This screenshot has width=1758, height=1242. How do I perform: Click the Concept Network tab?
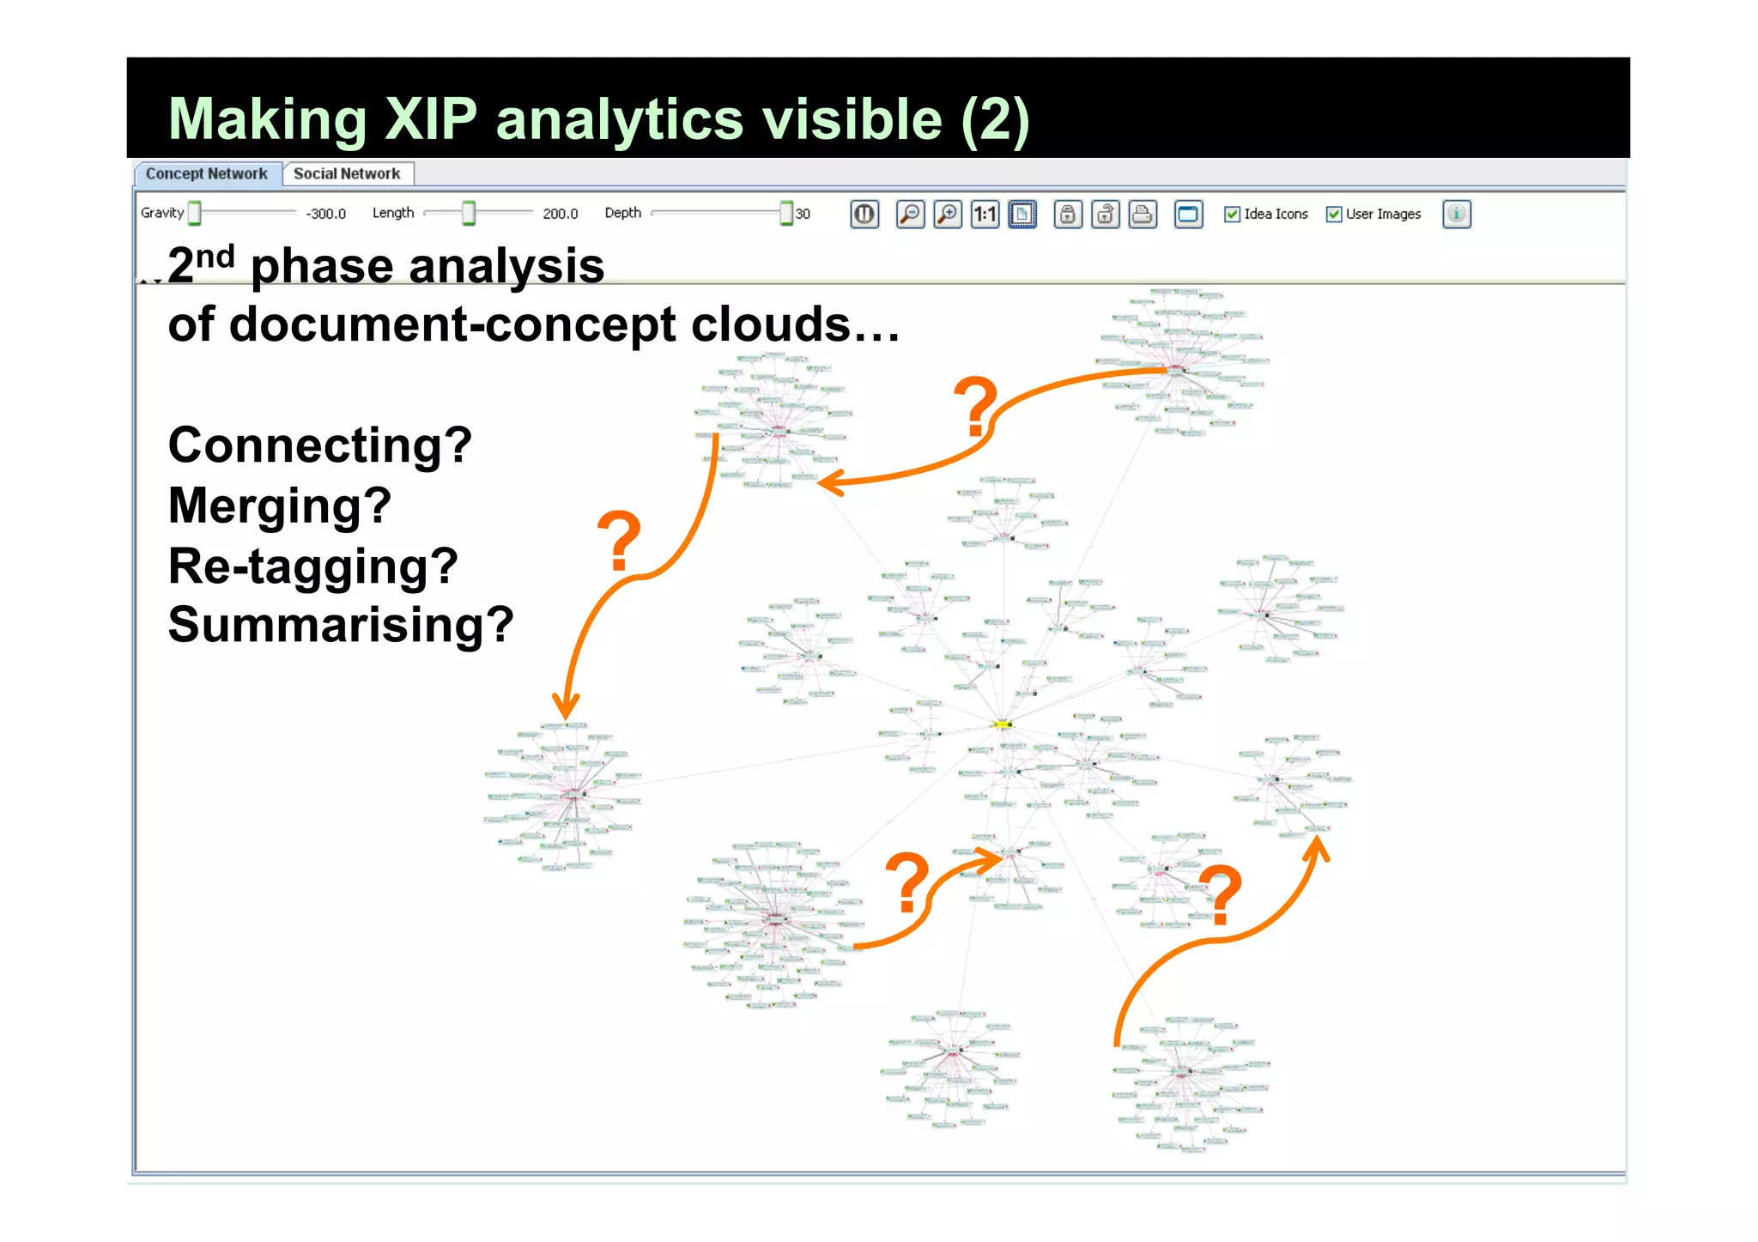click(x=206, y=173)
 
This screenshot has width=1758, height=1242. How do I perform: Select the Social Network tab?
click(x=347, y=173)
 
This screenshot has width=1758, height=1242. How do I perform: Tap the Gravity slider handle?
click(x=195, y=213)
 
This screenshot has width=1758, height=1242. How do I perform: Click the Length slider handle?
click(x=469, y=213)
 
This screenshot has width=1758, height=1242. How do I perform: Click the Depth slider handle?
click(x=785, y=213)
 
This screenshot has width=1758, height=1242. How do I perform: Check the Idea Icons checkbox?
click(x=1232, y=214)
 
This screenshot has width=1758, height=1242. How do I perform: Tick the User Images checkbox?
click(x=1333, y=214)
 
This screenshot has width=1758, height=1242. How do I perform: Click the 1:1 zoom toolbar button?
click(x=985, y=214)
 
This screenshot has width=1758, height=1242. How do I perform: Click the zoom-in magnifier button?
click(x=948, y=214)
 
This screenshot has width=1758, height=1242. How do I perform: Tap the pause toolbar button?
click(x=864, y=214)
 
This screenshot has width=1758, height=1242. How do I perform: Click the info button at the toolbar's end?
click(x=1456, y=214)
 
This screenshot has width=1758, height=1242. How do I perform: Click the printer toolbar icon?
click(x=1143, y=214)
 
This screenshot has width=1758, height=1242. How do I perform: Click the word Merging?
click(x=280, y=506)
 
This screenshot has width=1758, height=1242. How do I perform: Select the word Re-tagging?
click(x=312, y=566)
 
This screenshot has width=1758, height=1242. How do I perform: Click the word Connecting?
click(x=319, y=445)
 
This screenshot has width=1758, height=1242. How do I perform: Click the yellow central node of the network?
click(x=1002, y=724)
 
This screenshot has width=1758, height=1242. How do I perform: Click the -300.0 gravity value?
click(x=325, y=214)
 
